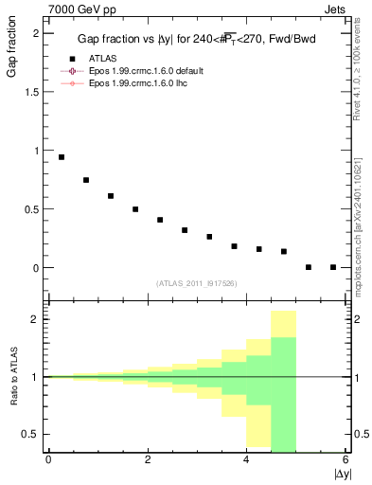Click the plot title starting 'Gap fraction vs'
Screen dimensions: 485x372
pos(197,39)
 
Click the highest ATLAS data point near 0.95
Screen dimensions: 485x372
pos(62,157)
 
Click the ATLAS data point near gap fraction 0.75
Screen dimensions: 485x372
pos(86,180)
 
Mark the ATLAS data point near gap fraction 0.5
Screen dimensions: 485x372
pos(135,209)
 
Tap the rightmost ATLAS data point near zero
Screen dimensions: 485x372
pos(333,267)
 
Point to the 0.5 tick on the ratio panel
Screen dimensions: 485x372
pos(34,434)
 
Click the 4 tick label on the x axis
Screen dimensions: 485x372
pos(246,460)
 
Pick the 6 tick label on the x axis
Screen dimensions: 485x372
pos(345,460)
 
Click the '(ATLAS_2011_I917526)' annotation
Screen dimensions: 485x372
pos(197,283)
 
